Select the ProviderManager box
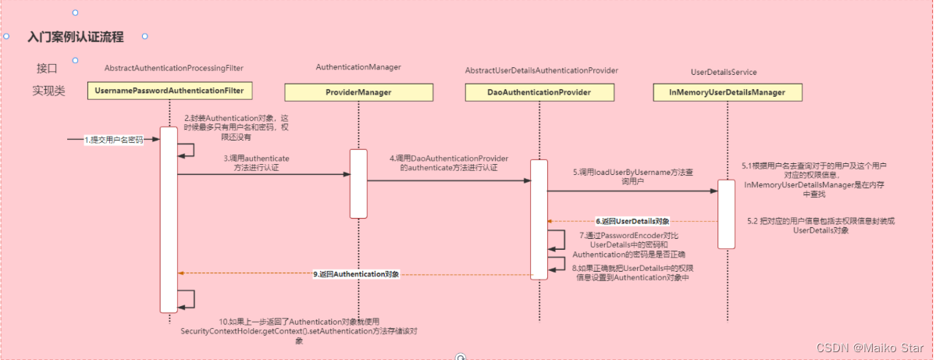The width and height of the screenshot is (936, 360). point(358,93)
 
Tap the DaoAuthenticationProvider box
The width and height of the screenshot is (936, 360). point(539,93)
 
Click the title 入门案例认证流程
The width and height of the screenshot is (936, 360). point(75,37)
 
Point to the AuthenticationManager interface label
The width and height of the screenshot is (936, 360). point(358,68)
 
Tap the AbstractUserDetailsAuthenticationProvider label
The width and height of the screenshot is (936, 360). point(542,70)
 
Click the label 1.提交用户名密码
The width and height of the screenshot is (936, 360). point(115,141)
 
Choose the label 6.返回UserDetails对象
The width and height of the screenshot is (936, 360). point(632,222)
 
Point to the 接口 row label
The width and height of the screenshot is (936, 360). point(47,68)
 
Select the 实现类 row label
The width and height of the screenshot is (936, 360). point(48,91)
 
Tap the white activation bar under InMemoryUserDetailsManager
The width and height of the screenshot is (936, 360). point(726,214)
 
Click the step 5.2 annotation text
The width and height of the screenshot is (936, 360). point(820,226)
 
